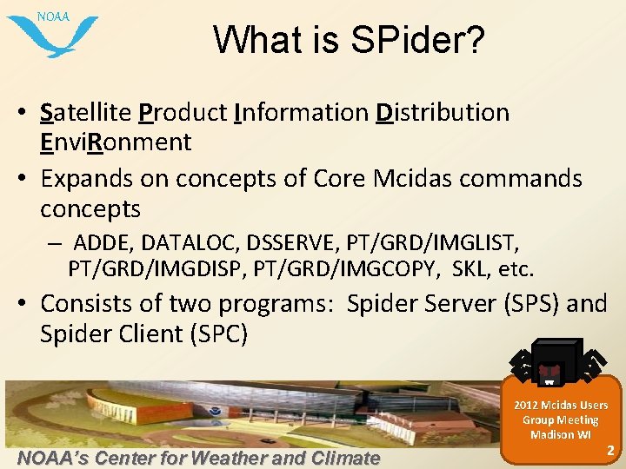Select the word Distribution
point(443,113)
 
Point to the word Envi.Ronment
point(116,142)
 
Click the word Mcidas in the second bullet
point(416,178)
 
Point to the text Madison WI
point(560,434)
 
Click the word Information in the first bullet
point(302,113)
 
